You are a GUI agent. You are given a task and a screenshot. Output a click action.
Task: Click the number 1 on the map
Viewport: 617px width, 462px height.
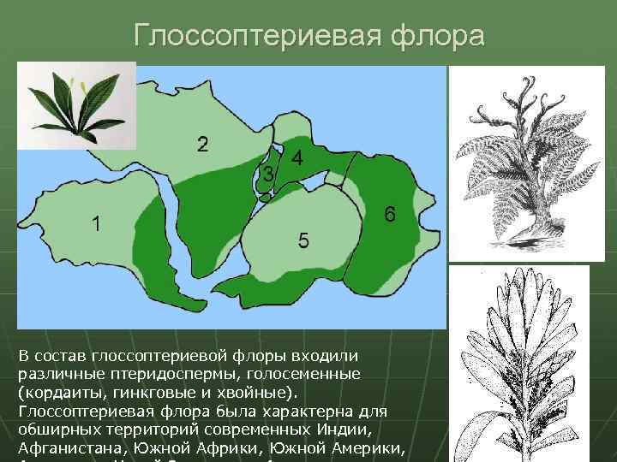coord(98,224)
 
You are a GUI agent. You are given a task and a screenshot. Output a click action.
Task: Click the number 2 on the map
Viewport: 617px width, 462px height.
coord(201,143)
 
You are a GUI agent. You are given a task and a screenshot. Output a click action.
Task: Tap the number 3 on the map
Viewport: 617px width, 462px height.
coord(268,174)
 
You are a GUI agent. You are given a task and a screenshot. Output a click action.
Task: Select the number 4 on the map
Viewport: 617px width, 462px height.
coord(297,158)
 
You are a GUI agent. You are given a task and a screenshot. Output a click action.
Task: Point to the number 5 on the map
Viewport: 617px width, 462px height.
coord(303,241)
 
